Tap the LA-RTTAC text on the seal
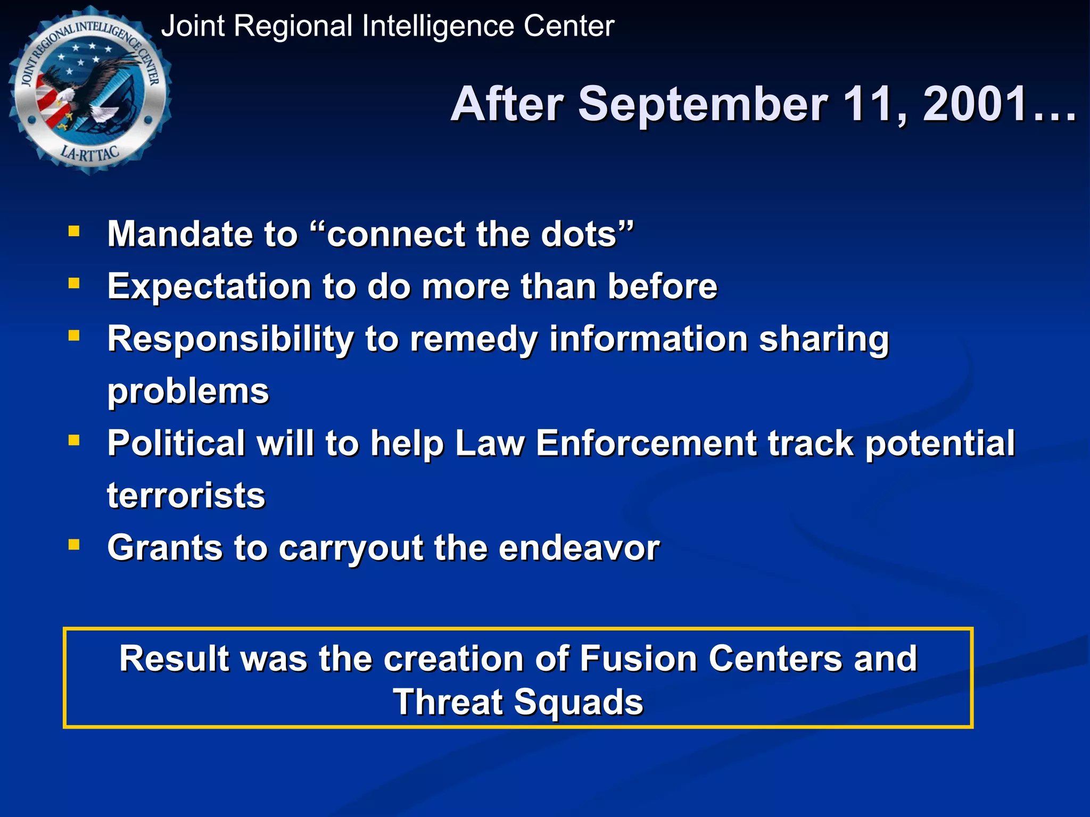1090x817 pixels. point(89,154)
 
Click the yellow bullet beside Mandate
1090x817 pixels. point(74,231)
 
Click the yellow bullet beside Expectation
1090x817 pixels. point(74,284)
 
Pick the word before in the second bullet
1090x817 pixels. point(662,287)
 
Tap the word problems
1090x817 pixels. point(188,391)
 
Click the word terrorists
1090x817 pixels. point(186,496)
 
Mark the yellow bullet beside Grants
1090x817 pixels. point(74,545)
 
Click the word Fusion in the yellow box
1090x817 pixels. point(638,658)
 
